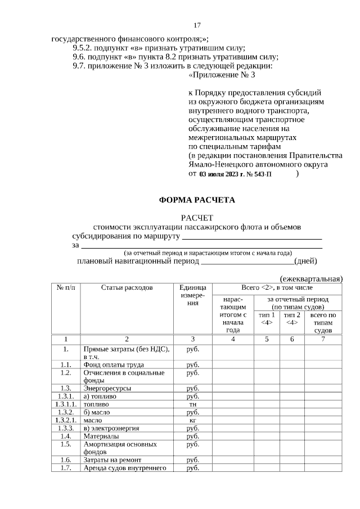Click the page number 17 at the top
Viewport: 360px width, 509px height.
pyautogui.click(x=197, y=25)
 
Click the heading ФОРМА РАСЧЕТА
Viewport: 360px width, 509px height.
pyautogui.click(x=197, y=200)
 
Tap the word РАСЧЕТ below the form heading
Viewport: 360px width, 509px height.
pyautogui.click(x=197, y=218)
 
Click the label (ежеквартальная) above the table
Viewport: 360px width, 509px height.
pyautogui.click(x=311, y=278)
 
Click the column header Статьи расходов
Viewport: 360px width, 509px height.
pyautogui.click(x=127, y=287)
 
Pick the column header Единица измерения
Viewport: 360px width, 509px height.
pyautogui.click(x=192, y=295)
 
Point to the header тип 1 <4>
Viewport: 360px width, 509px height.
pyautogui.click(x=267, y=319)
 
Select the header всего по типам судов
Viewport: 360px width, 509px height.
pyautogui.click(x=323, y=323)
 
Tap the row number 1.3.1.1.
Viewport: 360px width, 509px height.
pyautogui.click(x=66, y=404)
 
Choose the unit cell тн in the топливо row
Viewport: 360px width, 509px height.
pyautogui.click(x=192, y=404)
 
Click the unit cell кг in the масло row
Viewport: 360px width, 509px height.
pyautogui.click(x=192, y=420)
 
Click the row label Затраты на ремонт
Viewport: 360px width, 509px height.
pyautogui.click(x=110, y=460)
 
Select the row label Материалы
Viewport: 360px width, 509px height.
pyautogui.click(x=101, y=436)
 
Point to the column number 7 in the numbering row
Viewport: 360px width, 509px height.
pyautogui.click(x=323, y=339)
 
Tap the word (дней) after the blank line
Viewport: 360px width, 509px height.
pyautogui.click(x=306, y=261)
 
